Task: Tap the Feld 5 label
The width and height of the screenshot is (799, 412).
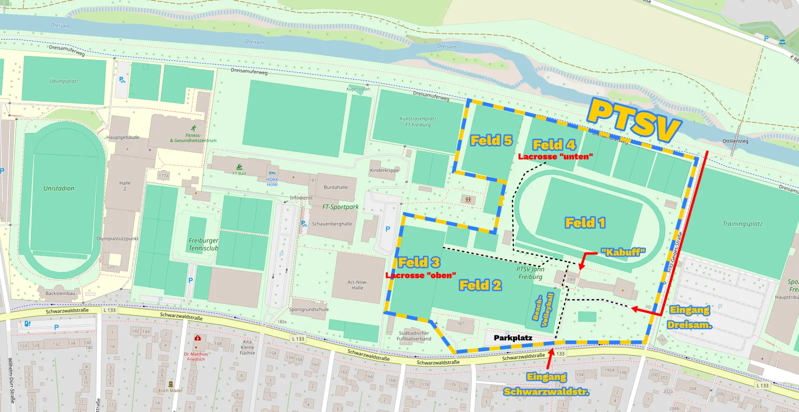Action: coord(491,140)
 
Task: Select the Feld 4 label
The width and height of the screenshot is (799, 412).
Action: coord(554,145)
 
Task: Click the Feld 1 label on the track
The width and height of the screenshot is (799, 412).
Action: coord(585,222)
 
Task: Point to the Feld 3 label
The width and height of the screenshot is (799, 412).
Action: coord(419,262)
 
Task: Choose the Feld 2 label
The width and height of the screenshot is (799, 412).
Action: coord(480,285)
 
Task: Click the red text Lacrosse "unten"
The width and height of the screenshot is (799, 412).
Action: coord(555,156)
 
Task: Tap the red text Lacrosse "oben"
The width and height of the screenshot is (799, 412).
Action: coord(421,275)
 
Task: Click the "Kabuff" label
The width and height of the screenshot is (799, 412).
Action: coord(623,252)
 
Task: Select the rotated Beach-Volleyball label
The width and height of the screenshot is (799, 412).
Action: coord(544,309)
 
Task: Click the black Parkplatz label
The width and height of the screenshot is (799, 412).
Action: coord(513,338)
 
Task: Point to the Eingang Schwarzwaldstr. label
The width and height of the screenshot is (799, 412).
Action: coord(546,384)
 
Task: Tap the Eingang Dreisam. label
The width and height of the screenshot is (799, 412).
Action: coord(690,317)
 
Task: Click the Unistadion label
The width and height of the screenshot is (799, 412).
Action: coord(59,188)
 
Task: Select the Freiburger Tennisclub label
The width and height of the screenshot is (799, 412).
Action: coord(203,244)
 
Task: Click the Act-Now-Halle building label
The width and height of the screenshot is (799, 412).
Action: coord(358,285)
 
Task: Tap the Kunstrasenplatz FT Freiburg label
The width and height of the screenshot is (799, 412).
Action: coord(418,121)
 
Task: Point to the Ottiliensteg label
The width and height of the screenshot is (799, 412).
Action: coord(735,141)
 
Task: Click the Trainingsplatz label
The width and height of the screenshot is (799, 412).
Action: coord(743,224)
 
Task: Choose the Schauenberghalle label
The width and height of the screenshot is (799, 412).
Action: coord(332,224)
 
